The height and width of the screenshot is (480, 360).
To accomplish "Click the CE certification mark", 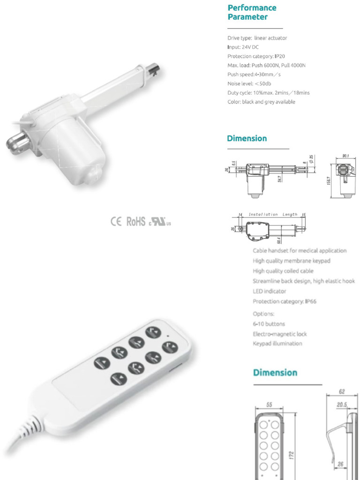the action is pos(116,222).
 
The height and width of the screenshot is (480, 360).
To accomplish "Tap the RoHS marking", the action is pos(136,222).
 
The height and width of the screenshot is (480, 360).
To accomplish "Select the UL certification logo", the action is pos(160,222).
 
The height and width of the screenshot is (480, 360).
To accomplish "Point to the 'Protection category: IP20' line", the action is pos(256,56).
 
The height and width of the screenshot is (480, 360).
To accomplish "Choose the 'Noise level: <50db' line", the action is pos(249,83).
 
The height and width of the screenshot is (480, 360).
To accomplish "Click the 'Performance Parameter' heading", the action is pos(252,12).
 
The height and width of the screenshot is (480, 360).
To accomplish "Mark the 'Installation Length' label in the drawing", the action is pos(273,214).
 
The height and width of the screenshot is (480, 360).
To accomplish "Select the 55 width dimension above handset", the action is pos(269,405).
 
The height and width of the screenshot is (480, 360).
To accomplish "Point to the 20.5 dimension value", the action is pos(341,405).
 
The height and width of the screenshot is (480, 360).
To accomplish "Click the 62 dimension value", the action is pos(342,391).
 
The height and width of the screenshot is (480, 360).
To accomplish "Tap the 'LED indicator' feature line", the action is pos(270,291).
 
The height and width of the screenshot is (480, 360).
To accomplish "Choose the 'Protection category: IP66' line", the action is pos(285,301).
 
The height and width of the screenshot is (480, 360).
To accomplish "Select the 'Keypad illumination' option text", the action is pos(277,344).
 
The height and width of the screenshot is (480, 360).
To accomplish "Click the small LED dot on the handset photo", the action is pos(167,336).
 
